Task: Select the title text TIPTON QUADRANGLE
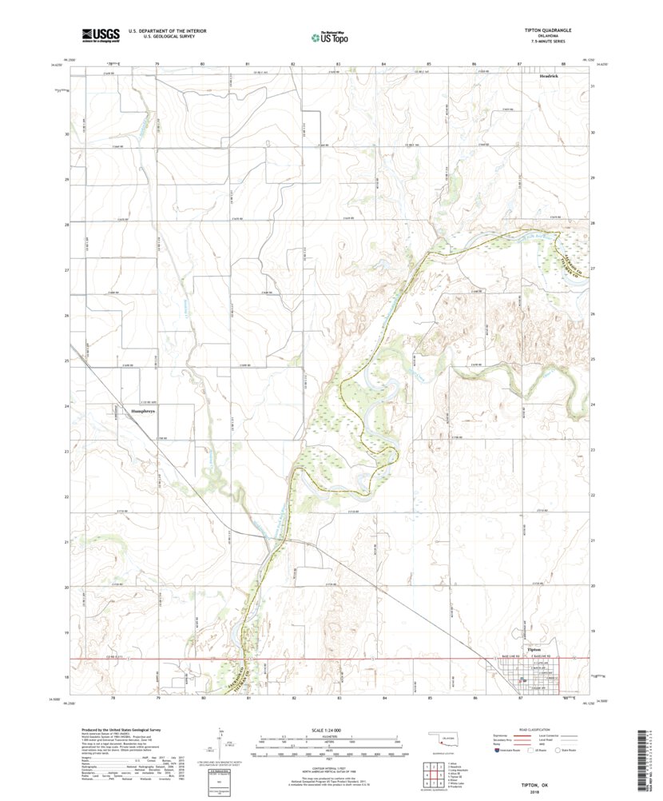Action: (547, 30)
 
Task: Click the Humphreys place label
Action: (122, 411)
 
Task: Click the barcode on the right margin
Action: (647, 755)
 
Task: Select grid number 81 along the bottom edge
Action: (248, 698)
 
